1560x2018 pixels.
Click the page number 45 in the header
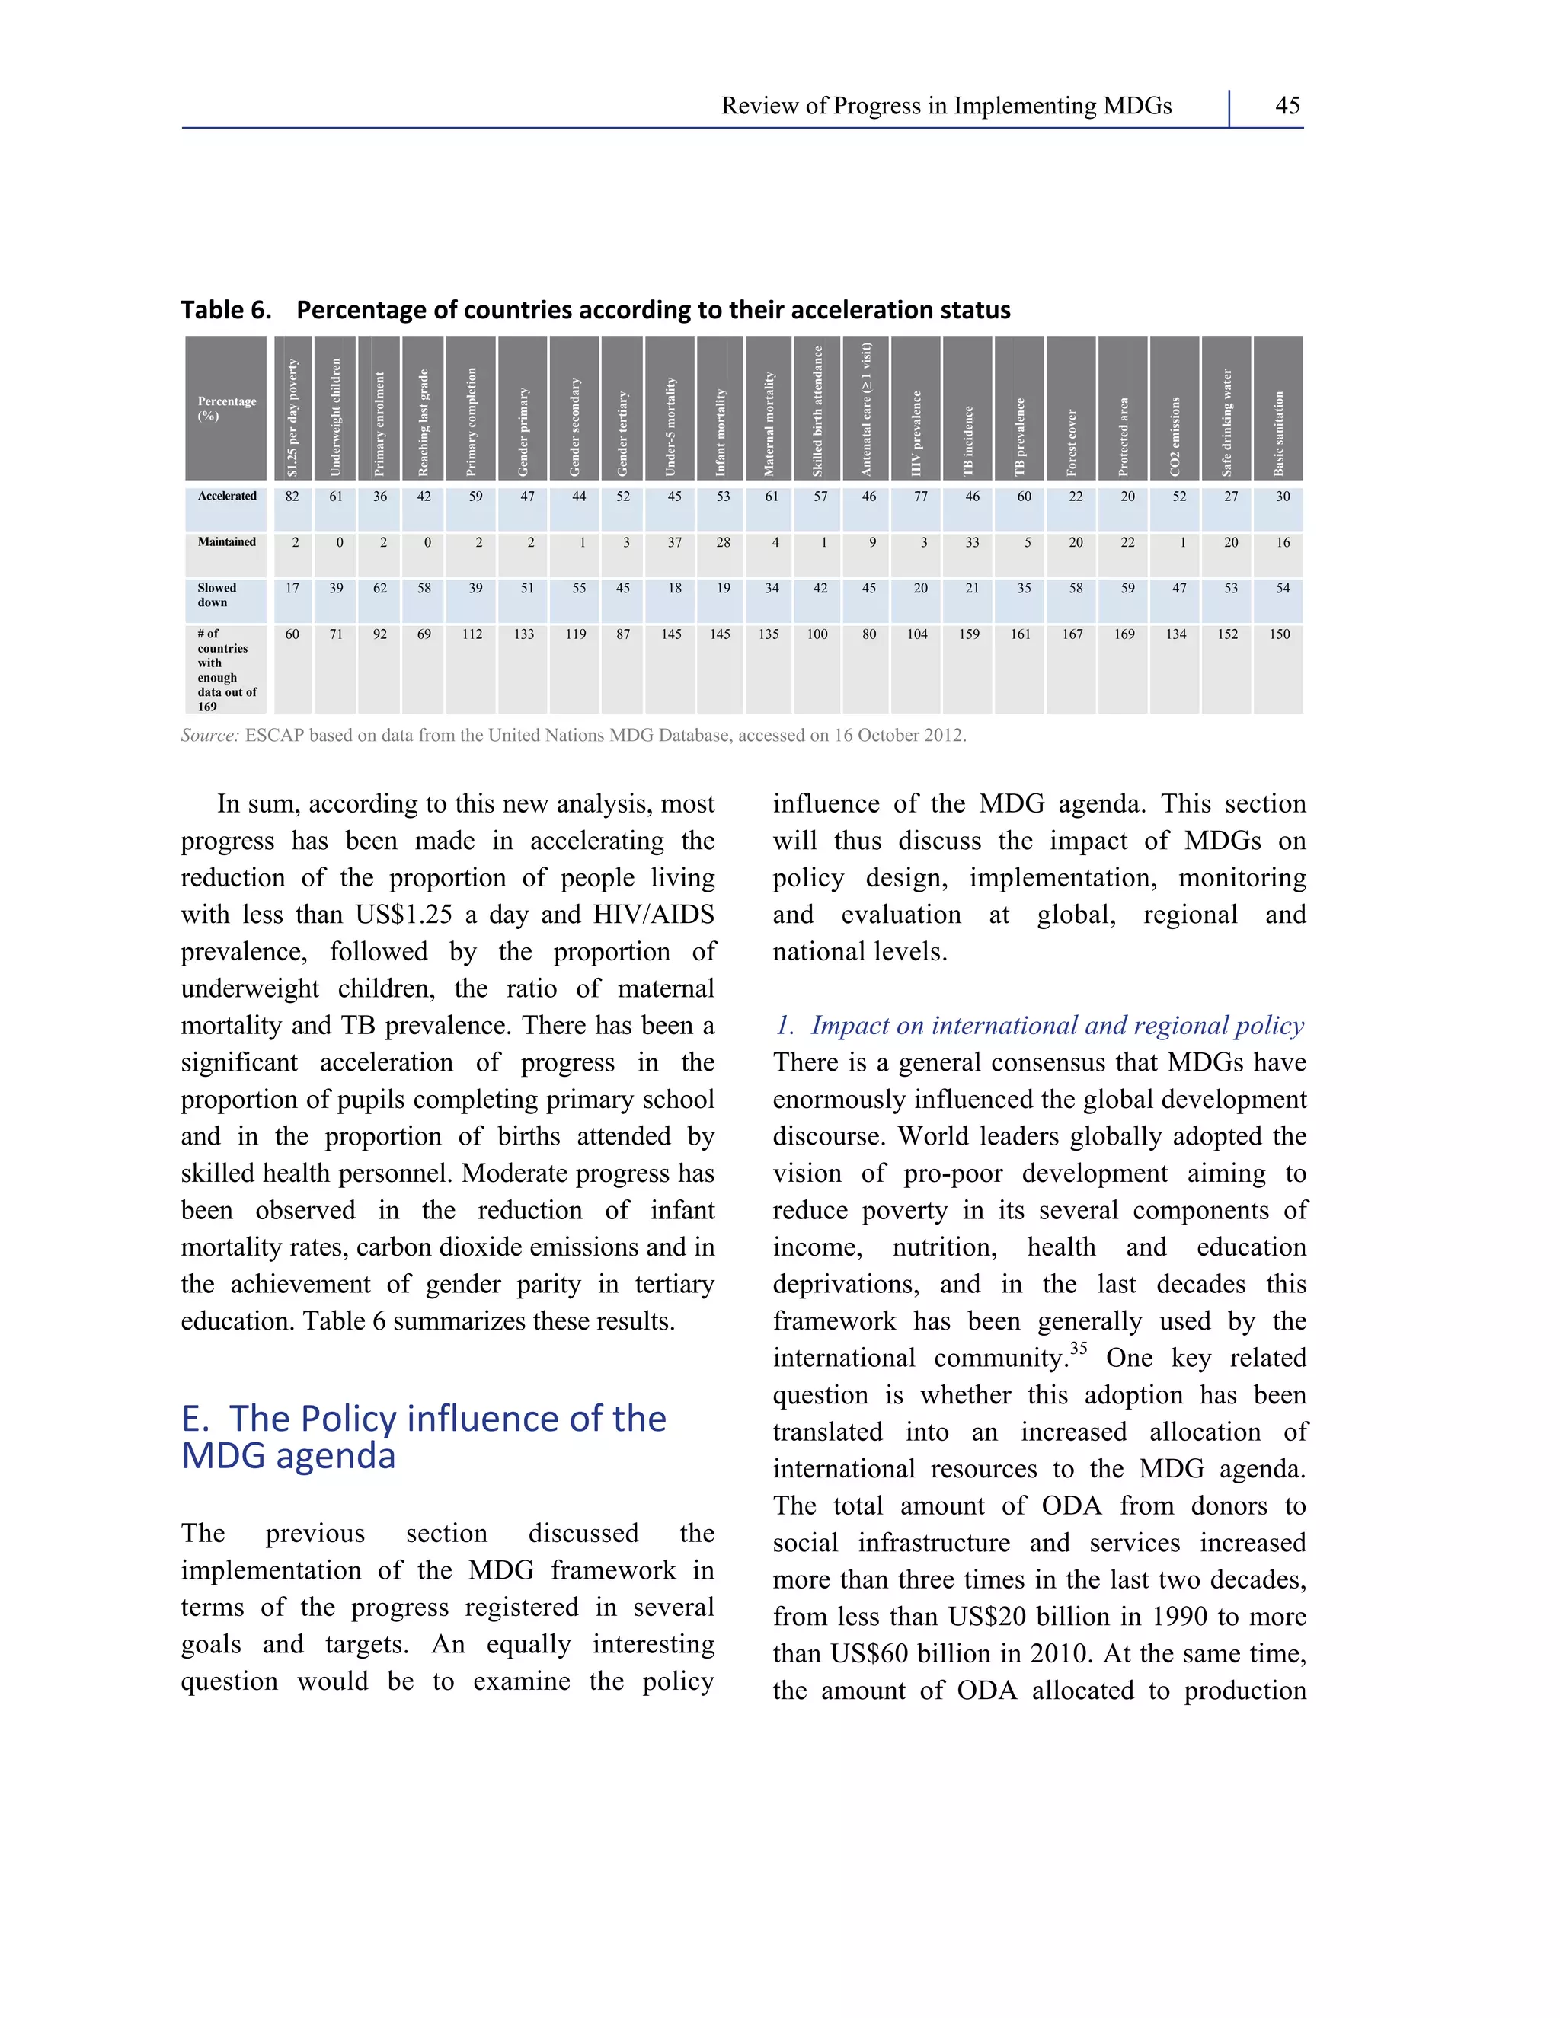(x=1287, y=105)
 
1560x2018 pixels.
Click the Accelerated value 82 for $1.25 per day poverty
(x=292, y=497)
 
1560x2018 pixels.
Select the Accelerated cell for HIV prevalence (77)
(x=919, y=497)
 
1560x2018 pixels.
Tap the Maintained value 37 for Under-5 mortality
(x=675, y=543)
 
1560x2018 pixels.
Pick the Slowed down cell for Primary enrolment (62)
(x=380, y=589)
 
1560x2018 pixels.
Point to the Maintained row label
(x=226, y=542)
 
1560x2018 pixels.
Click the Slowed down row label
(x=217, y=595)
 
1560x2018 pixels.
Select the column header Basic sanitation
(x=1279, y=433)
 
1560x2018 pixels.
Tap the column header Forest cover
(x=1072, y=442)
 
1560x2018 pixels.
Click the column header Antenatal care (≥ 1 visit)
(x=866, y=408)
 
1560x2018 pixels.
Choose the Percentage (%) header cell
(x=226, y=408)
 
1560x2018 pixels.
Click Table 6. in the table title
(x=225, y=309)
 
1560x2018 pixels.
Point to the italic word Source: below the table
(x=209, y=736)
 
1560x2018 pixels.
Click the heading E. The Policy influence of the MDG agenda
(x=424, y=1437)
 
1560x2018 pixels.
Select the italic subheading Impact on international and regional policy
(x=1057, y=1026)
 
